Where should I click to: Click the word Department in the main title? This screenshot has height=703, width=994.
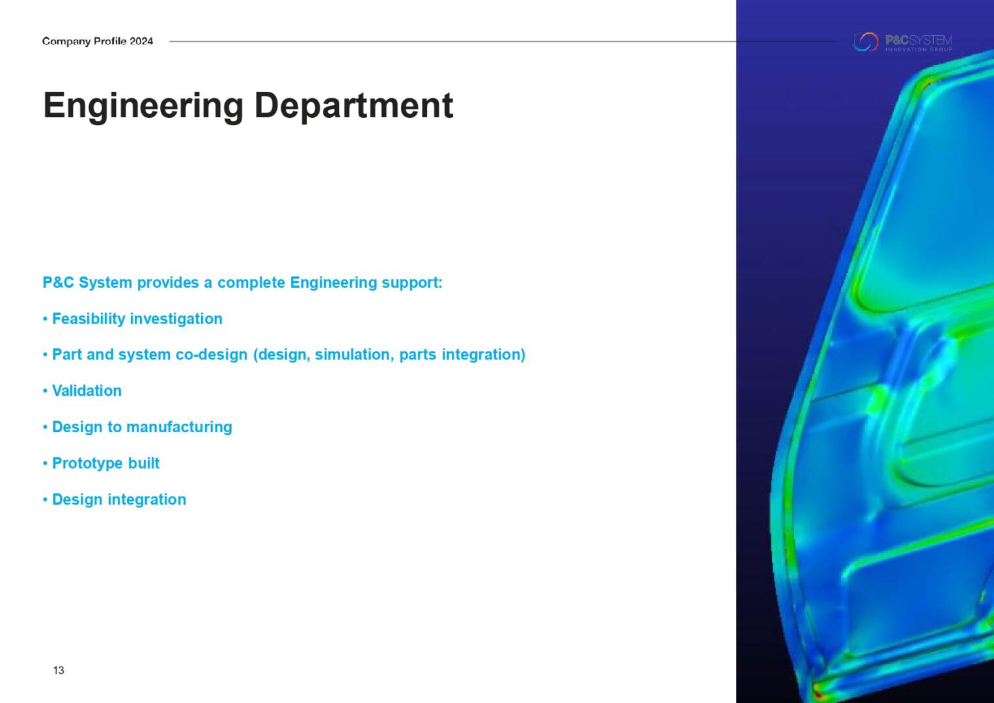(353, 105)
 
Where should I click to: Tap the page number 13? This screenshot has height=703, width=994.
(59, 670)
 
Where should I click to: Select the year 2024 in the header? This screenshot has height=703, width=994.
(141, 41)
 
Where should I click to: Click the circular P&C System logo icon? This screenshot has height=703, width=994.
(865, 42)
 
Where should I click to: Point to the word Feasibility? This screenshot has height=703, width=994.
(89, 319)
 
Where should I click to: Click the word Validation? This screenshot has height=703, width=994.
(87, 391)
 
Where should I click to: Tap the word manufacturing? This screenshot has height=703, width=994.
(179, 427)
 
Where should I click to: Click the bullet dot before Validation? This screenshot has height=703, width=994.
(46, 391)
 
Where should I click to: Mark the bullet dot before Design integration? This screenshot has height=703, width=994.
(46, 500)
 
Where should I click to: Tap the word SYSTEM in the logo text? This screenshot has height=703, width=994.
(931, 40)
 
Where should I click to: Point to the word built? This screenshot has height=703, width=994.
(144, 463)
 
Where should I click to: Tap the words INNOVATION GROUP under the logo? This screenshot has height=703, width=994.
(918, 49)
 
